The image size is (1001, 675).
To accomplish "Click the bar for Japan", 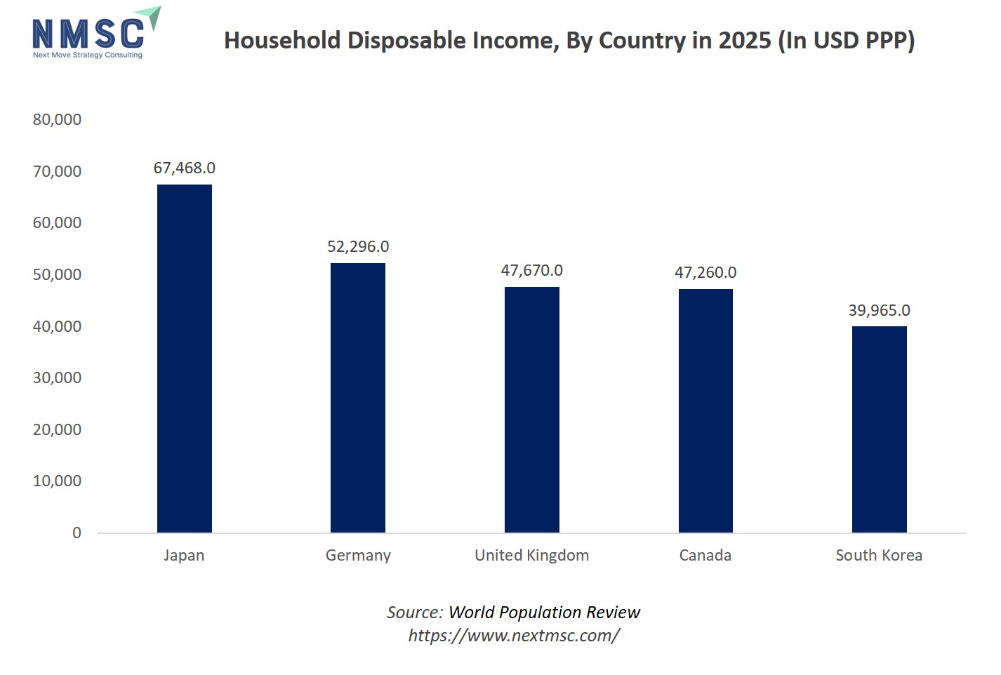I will point(184,358).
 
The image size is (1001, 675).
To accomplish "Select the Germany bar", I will point(358,397).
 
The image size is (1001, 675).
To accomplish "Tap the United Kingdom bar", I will point(531,409).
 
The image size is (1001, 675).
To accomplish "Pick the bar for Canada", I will point(705,410).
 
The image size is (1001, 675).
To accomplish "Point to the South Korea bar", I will point(879,429).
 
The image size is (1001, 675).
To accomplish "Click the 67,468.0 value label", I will point(184,168).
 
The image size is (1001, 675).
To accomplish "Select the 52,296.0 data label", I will point(358,247).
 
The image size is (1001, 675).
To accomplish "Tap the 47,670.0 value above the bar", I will point(531,271).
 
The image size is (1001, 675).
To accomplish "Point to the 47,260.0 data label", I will point(705,273).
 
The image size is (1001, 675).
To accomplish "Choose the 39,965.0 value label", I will point(879,311).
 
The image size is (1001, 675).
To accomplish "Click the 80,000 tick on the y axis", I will point(57,120).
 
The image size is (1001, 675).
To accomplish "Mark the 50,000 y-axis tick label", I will point(57,275).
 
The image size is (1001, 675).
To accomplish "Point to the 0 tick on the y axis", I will point(77,533).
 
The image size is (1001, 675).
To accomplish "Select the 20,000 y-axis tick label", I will point(57,430).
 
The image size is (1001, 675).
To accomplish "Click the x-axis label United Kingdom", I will point(531,556).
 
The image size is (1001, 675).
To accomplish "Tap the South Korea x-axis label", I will point(879,556).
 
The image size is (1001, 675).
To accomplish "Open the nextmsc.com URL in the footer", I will point(514,636).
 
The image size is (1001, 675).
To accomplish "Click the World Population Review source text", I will point(544,613).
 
